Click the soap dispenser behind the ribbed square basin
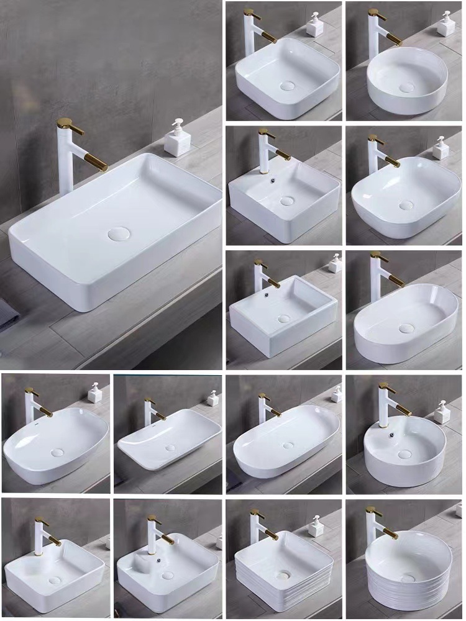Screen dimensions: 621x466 (317, 526)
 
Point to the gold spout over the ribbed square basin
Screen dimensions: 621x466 (272, 533)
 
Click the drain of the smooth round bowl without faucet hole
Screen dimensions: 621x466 (406, 86)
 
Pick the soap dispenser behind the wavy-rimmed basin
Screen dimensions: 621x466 (212, 398)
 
